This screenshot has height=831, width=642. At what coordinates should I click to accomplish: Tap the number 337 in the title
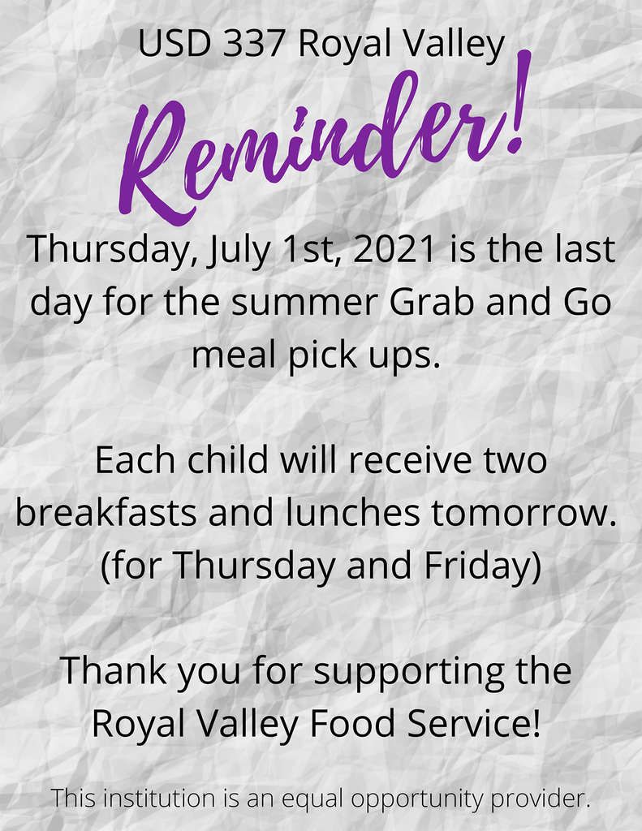253,44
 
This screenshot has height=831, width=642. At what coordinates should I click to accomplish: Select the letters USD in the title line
174,44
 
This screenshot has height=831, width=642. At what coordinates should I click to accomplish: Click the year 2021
397,249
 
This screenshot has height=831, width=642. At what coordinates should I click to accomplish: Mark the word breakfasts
106,513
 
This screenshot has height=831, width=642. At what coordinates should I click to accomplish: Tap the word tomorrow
523,513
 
